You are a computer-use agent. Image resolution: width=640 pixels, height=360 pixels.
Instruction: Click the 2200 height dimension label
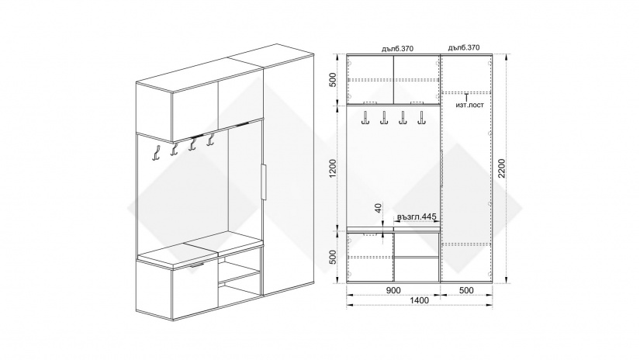(x=502, y=168)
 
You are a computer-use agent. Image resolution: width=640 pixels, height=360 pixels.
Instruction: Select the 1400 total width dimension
(x=419, y=300)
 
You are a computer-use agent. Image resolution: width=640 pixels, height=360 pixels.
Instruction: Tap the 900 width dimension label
(x=393, y=290)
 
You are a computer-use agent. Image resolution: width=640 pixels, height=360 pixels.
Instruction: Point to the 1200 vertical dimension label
(x=333, y=168)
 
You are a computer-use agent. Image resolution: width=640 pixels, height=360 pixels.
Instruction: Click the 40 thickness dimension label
(x=378, y=208)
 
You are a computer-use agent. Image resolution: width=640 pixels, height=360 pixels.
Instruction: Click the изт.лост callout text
(x=470, y=105)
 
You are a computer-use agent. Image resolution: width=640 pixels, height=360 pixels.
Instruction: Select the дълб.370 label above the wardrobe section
(x=464, y=48)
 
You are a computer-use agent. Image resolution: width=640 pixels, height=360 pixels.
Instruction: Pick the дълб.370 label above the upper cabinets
(x=397, y=49)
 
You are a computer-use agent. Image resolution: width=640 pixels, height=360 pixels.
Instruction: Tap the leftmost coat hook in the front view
(x=364, y=118)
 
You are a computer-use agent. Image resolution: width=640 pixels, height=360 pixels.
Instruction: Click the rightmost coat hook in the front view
(x=420, y=118)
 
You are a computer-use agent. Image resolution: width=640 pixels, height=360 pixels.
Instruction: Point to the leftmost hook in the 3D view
(x=155, y=153)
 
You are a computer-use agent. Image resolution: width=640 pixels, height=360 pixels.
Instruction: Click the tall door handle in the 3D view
(x=264, y=182)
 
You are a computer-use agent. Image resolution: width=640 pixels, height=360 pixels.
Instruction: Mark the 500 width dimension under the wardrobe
(x=466, y=290)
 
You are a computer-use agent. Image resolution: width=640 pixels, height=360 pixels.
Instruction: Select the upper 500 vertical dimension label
(x=333, y=79)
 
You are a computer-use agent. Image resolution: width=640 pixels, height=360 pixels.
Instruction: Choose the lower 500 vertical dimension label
(x=333, y=257)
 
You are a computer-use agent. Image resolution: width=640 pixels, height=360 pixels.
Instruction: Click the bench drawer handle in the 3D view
(x=197, y=265)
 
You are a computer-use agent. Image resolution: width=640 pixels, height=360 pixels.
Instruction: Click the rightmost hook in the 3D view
(x=210, y=139)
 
